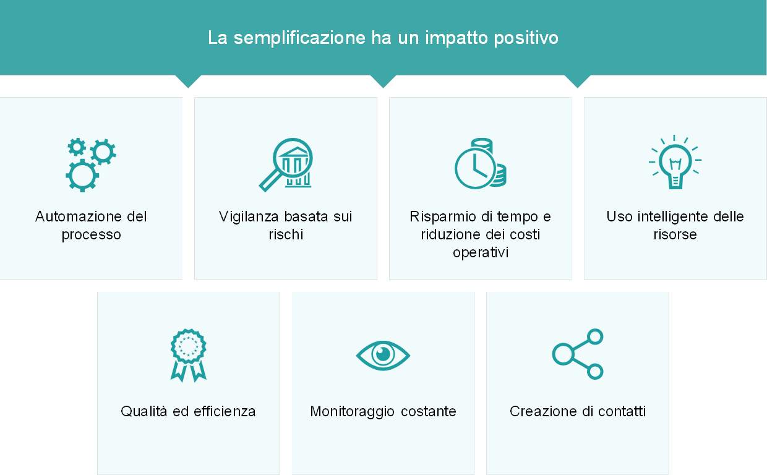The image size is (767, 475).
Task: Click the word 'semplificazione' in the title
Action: [x=299, y=38]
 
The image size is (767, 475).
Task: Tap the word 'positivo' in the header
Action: [x=526, y=38]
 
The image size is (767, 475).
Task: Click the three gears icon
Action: [x=91, y=165]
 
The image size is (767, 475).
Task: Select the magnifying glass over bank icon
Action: [x=286, y=165]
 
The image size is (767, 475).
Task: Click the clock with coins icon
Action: [x=481, y=164]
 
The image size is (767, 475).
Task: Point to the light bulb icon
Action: [x=675, y=162]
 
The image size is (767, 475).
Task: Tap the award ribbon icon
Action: [x=188, y=356]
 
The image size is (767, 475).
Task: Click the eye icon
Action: [x=383, y=356]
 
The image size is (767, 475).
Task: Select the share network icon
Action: [x=578, y=354]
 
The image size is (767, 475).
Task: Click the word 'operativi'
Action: [x=481, y=253]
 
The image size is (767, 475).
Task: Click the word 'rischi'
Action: [x=286, y=234]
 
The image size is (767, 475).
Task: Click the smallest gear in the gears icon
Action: [x=77, y=147]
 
